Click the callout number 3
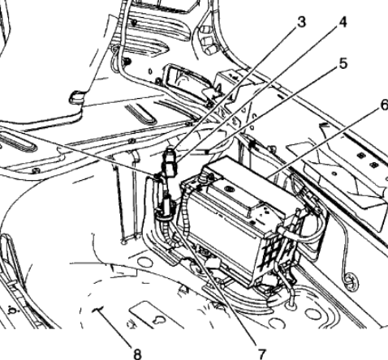[x=301, y=22]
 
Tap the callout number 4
[x=343, y=22]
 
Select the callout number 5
[x=343, y=64]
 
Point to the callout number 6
[x=384, y=105]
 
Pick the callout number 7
[x=261, y=354]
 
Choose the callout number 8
[x=137, y=354]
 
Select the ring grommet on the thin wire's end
[x=352, y=281]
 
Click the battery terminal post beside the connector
[x=202, y=178]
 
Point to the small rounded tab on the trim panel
[x=75, y=97]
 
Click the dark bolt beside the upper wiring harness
[x=127, y=62]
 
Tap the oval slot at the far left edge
[x=17, y=142]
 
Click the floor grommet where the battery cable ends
[x=291, y=306]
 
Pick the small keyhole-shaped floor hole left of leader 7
[x=158, y=320]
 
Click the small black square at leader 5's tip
[x=207, y=152]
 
